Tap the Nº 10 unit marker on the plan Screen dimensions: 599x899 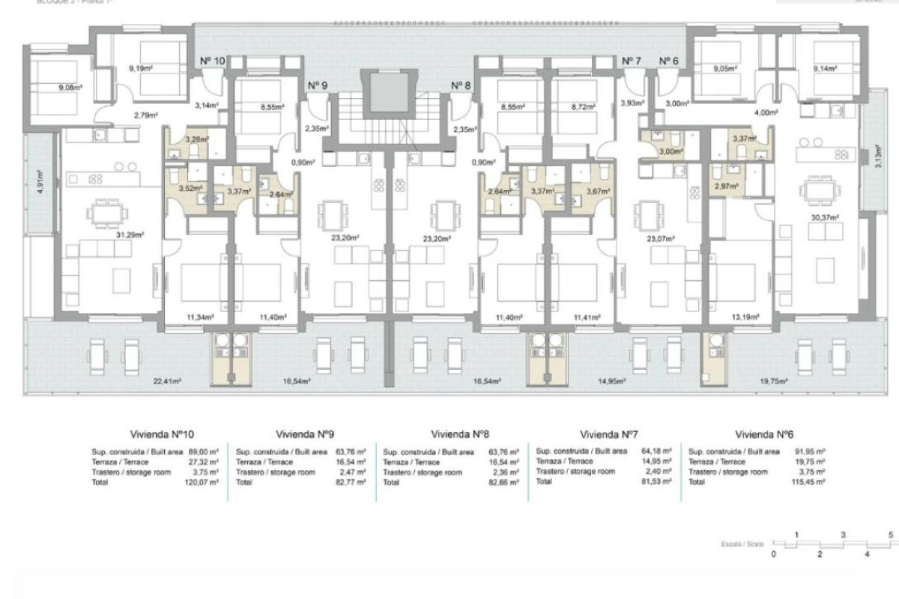pos(212,61)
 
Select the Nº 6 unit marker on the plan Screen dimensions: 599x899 pos(668,61)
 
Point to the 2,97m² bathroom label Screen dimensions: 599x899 pos(725,186)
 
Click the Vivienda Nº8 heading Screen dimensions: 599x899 pos(461,434)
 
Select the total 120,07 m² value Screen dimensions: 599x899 pos(204,483)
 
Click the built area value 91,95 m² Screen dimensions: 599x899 pos(810,452)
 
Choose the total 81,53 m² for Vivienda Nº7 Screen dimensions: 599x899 pos(656,481)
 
